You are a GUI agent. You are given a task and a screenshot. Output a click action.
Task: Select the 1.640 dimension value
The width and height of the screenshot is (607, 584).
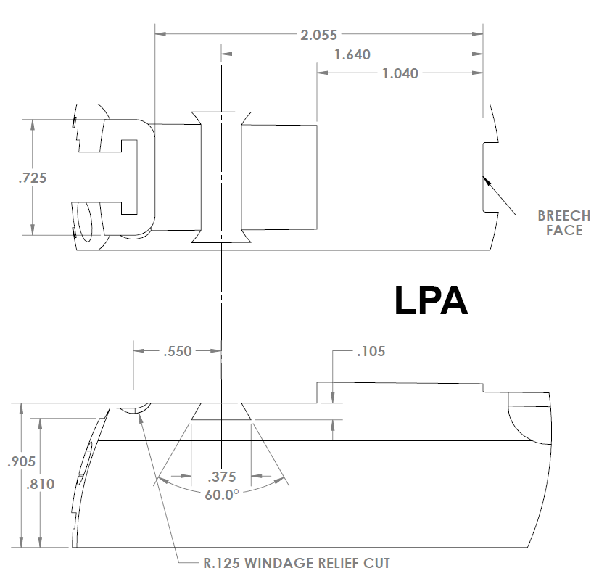[x=352, y=54]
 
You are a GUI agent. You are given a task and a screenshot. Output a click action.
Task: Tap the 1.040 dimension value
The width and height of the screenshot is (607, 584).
[x=400, y=73]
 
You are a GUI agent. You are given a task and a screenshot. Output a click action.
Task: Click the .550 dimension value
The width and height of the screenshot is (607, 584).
[x=178, y=352]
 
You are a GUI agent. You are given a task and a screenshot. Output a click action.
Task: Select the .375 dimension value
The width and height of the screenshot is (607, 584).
[x=221, y=477]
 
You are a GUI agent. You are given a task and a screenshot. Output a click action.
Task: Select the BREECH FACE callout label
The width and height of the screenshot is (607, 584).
[x=563, y=223]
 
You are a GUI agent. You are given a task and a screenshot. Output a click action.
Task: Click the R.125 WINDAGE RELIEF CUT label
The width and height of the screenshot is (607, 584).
[x=297, y=562]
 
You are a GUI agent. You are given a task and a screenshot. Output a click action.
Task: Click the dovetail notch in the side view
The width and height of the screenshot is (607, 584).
[x=221, y=411]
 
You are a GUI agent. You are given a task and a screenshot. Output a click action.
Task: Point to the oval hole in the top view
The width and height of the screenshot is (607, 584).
[x=85, y=222]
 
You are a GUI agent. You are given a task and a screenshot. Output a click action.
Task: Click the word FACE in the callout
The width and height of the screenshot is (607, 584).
[x=564, y=230]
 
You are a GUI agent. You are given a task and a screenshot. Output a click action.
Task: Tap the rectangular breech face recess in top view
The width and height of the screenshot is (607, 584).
[x=491, y=178]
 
